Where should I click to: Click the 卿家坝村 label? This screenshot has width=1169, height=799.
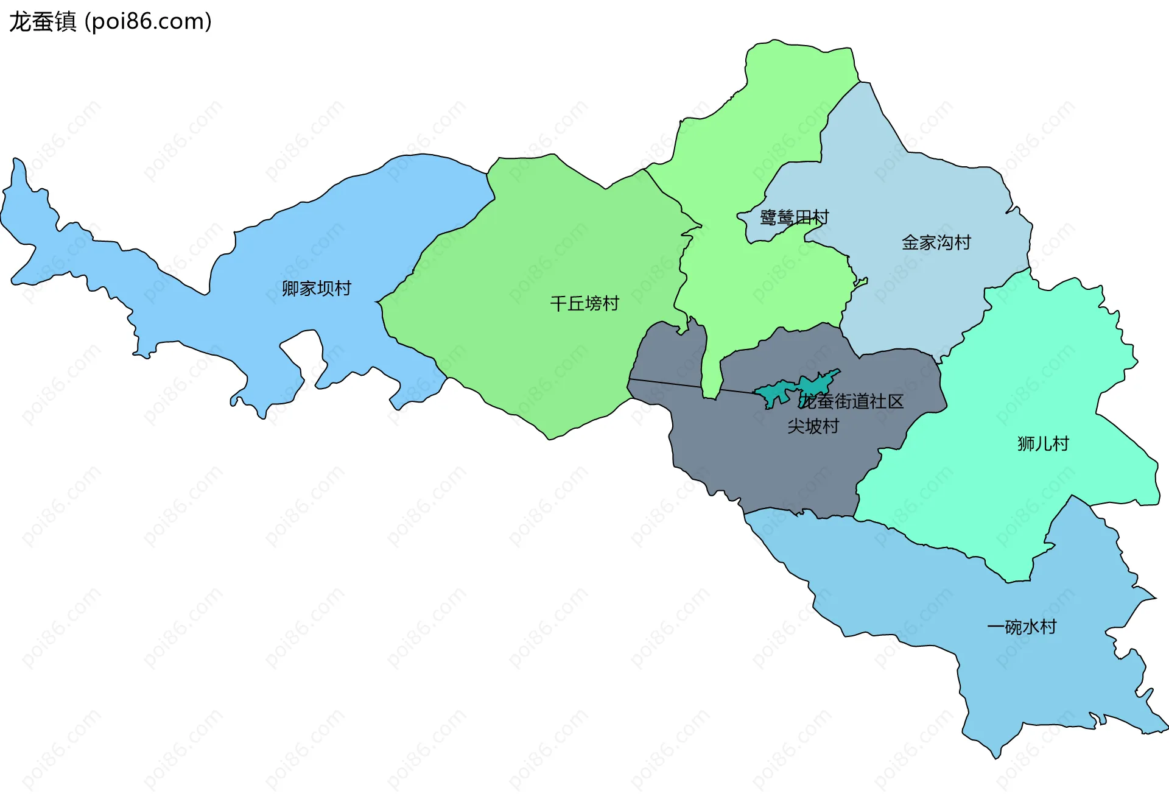pyautogui.click(x=316, y=288)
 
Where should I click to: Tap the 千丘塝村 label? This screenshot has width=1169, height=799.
pyautogui.click(x=584, y=303)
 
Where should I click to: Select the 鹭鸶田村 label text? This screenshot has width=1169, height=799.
pyautogui.click(x=794, y=217)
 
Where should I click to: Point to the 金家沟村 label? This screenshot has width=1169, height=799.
pyautogui.click(x=936, y=242)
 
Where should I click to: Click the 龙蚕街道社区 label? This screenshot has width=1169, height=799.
pyautogui.click(x=851, y=401)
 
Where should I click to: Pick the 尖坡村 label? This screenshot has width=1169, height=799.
pyautogui.click(x=813, y=426)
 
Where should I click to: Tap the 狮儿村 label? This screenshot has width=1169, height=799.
pyautogui.click(x=1042, y=443)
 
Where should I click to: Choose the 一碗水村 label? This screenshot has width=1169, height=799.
pyautogui.click(x=1021, y=627)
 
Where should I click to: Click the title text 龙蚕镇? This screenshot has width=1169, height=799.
pyautogui.click(x=43, y=22)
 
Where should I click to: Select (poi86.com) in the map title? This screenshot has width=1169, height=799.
pyautogui.click(x=148, y=22)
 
